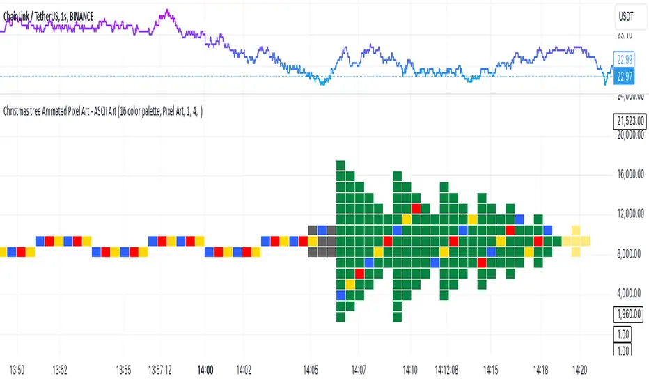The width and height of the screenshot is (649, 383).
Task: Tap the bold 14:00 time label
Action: [x=205, y=369]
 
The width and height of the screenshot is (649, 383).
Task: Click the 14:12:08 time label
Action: [x=449, y=369]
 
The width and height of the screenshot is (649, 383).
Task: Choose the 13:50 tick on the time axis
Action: [x=17, y=369]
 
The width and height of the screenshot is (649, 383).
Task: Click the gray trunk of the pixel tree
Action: [x=322, y=241]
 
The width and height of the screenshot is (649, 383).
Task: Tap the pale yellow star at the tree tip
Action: [x=576, y=241]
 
